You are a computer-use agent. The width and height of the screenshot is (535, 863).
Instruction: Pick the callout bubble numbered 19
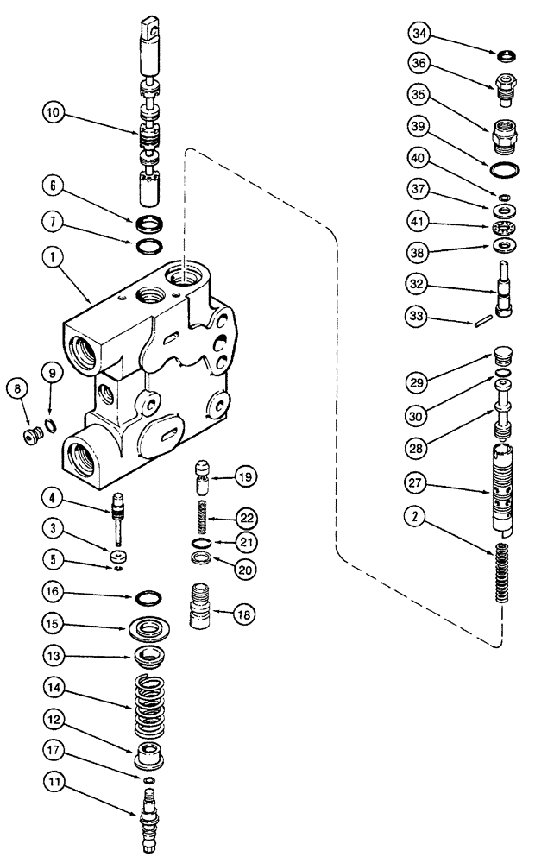(247, 476)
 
